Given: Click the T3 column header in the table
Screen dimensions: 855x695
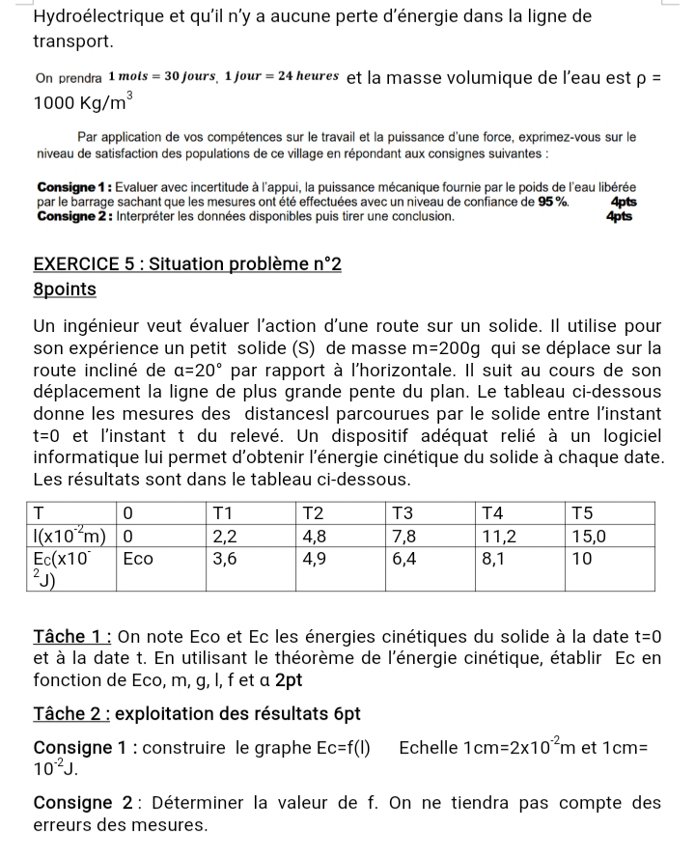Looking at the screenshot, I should tap(401, 511).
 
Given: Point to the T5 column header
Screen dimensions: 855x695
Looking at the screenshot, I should tap(584, 511).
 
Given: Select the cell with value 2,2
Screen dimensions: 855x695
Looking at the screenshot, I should tap(224, 535).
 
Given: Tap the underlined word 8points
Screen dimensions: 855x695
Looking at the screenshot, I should tap(65, 289).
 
